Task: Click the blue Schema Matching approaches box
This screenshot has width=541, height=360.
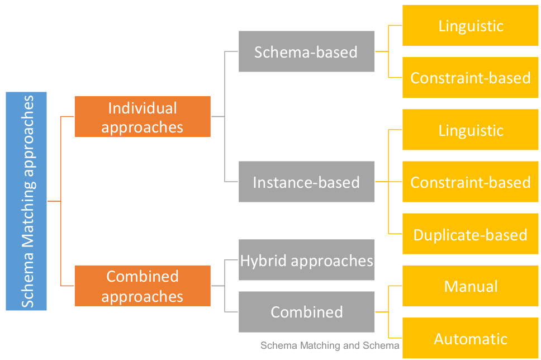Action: click(26, 201)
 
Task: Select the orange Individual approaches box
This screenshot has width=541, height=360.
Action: click(143, 117)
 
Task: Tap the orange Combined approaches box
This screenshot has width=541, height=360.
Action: click(143, 286)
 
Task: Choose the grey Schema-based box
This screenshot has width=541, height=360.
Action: click(306, 51)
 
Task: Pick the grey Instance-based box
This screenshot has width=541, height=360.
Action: click(306, 182)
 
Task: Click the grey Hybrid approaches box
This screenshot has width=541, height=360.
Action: click(306, 260)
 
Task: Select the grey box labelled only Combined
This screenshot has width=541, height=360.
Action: click(306, 312)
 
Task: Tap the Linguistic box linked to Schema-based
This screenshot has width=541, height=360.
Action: click(471, 26)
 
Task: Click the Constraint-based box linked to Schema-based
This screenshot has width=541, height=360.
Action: click(471, 78)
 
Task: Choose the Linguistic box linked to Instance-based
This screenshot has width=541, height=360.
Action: click(471, 130)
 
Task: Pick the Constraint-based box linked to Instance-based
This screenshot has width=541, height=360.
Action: click(471, 182)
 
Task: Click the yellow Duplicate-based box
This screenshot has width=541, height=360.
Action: click(471, 234)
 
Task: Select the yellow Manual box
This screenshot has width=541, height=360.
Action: click(471, 286)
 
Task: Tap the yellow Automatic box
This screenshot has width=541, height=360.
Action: click(471, 338)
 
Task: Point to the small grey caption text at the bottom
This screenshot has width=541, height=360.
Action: click(330, 346)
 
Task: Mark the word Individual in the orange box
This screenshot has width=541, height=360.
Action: click(143, 108)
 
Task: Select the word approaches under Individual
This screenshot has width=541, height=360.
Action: click(143, 127)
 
